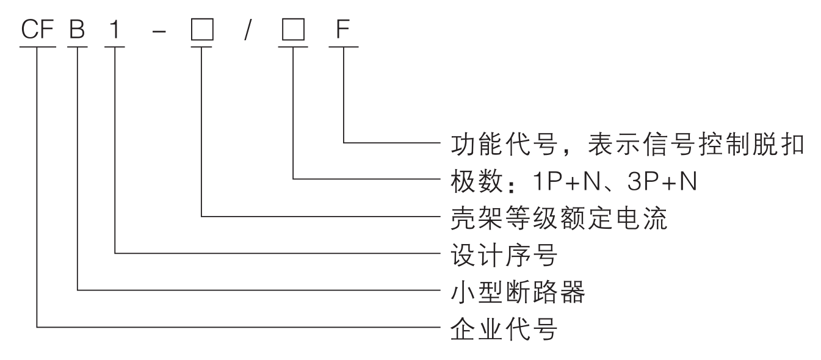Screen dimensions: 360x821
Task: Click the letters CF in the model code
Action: [38, 31]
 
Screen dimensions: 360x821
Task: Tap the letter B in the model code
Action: [78, 31]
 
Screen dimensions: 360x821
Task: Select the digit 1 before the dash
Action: [114, 31]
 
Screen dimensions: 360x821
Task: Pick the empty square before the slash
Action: [201, 31]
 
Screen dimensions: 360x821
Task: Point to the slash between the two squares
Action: [247, 31]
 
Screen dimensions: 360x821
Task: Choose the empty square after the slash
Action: [293, 31]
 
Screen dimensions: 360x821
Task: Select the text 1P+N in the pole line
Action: [552, 181]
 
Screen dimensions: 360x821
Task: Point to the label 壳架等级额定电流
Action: [559, 218]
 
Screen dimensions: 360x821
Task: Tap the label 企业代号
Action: [504, 329]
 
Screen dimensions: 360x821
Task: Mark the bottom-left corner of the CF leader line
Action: [38, 328]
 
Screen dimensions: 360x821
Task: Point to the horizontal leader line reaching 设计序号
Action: [275, 253]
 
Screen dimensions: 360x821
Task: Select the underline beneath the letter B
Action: [78, 46]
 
